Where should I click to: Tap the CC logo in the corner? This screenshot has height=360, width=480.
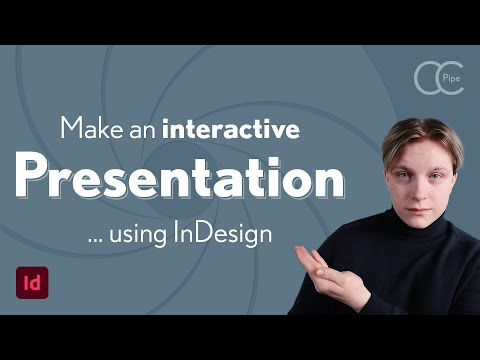438,80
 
